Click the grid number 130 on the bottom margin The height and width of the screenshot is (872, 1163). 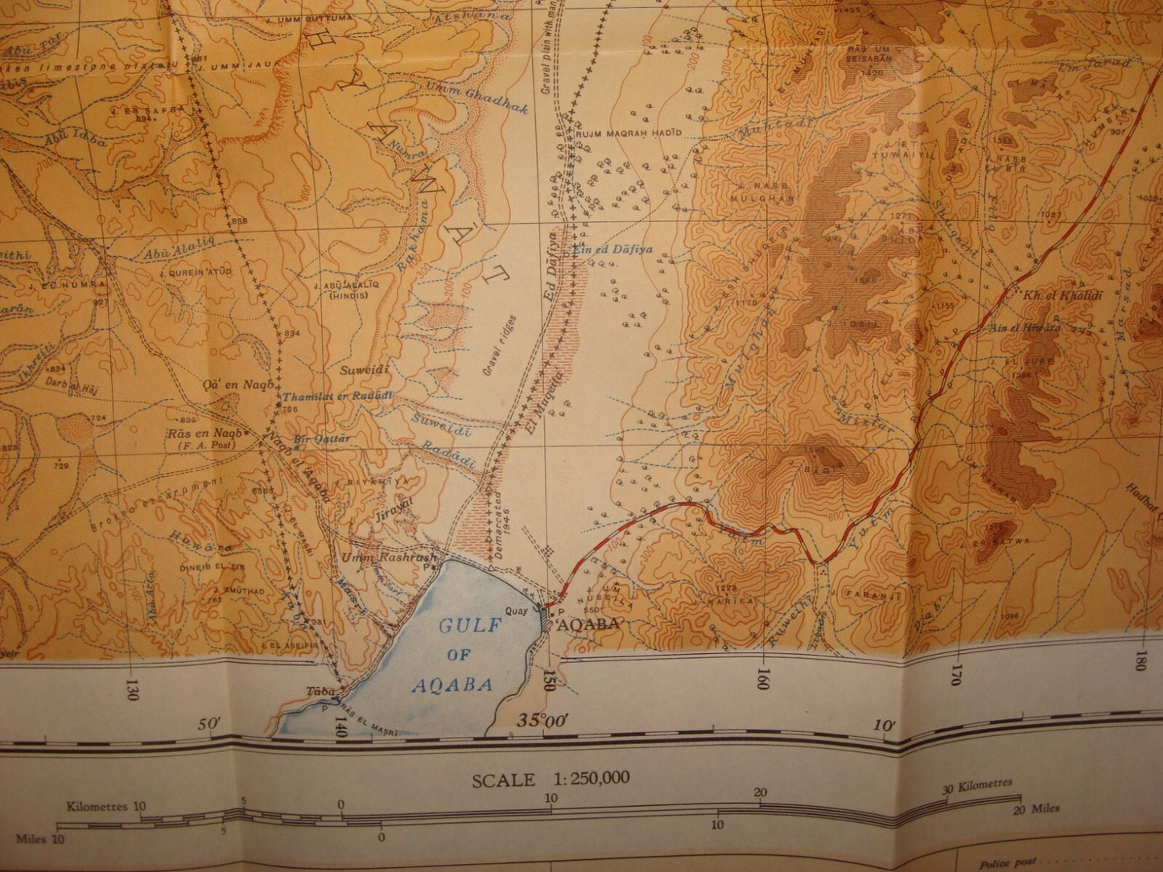click(131, 690)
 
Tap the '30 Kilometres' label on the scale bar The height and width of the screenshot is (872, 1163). click(979, 784)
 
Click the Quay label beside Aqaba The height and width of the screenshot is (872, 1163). click(516, 609)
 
